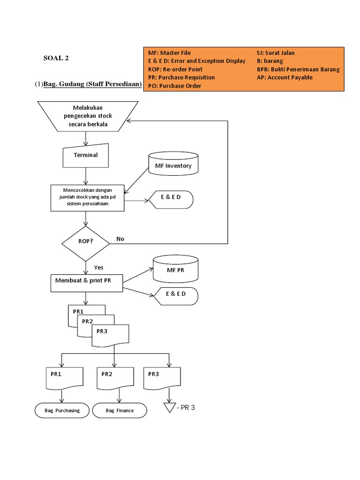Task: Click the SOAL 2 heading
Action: [x=56, y=58]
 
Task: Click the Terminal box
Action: [x=86, y=155]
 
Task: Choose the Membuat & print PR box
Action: [x=86, y=281]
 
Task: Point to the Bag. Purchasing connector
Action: [x=62, y=411]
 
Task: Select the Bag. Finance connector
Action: [x=120, y=411]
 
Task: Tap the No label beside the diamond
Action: [x=120, y=239]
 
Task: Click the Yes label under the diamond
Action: [x=98, y=267]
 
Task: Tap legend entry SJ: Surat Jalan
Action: [x=276, y=53]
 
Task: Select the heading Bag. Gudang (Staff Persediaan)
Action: [x=92, y=84]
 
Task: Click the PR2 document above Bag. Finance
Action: [x=114, y=378]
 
